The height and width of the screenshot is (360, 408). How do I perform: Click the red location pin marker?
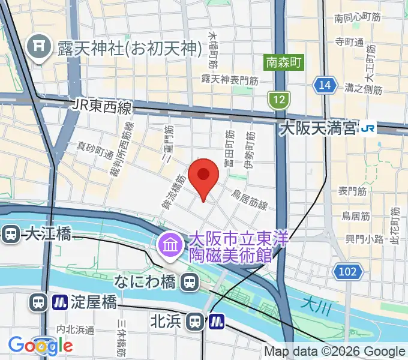[x=203, y=175]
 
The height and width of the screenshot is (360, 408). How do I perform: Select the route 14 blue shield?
[x=325, y=86]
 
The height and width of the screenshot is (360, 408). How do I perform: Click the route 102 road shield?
[x=348, y=271]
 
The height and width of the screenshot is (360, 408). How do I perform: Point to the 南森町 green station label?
[x=284, y=61]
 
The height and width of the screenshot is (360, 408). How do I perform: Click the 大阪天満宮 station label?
[x=319, y=128]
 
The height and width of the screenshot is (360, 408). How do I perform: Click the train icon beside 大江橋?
[x=10, y=234]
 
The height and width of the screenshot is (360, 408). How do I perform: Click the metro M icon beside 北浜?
[x=217, y=322]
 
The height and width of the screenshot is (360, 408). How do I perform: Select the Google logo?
[x=40, y=345]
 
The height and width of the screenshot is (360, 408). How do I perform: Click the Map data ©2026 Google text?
[x=335, y=352]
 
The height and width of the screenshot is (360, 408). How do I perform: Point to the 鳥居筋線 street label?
[x=249, y=200]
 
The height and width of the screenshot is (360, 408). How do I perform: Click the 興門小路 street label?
[x=364, y=239]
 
